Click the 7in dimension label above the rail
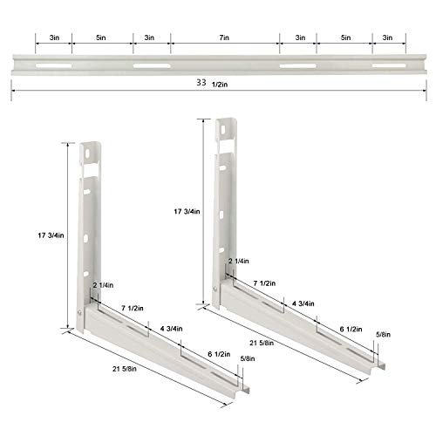coord(224,37)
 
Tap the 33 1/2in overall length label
coord(212,83)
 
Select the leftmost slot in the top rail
coord(54,65)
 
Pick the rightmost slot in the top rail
coord(389,65)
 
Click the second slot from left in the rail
coord(152,65)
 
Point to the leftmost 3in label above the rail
coord(54,37)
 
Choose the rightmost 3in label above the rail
coord(387,37)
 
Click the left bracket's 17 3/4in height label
coord(51,235)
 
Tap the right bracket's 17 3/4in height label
coord(187,211)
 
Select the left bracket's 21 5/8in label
coord(125,369)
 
